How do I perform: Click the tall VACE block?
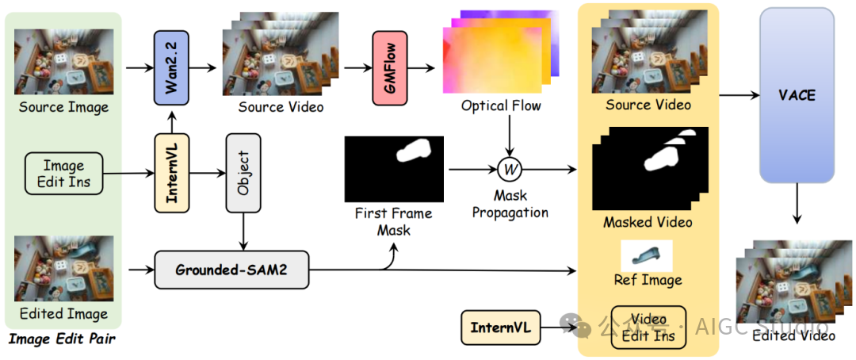point(797,96)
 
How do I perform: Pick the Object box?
point(243,172)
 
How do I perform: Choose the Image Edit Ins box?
point(63,174)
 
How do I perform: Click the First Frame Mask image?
point(394,169)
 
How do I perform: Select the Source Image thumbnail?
point(63,62)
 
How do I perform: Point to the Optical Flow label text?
point(501,105)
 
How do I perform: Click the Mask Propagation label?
point(510,204)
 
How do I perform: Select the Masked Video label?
point(648,223)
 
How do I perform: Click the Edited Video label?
point(793,335)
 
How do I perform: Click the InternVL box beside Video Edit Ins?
point(499,327)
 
